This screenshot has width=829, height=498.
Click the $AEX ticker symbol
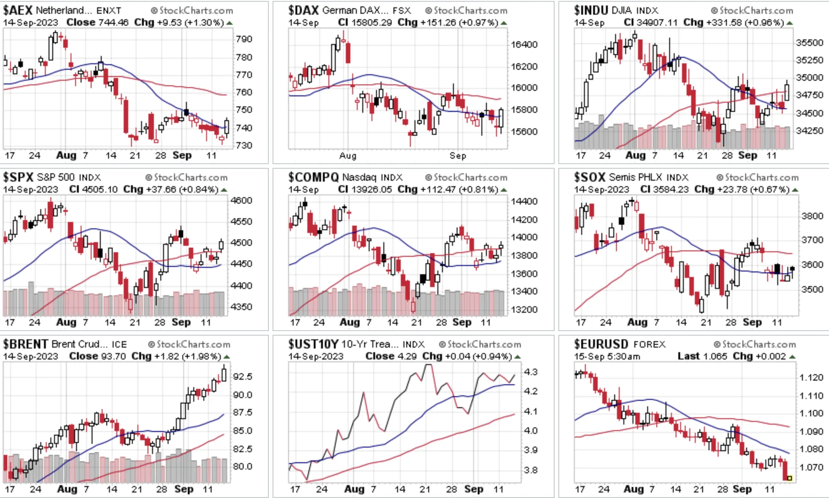(18, 10)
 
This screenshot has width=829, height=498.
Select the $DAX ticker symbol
(303, 10)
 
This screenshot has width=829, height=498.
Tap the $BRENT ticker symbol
(26, 344)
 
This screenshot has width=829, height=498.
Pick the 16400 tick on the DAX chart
(524, 44)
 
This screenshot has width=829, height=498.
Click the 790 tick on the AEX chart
(244, 39)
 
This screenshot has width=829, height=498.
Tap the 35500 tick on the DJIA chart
(810, 43)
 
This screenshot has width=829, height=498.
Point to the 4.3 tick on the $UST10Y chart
(531, 372)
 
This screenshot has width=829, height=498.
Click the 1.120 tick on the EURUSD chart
(811, 377)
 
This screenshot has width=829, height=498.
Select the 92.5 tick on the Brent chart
(242, 376)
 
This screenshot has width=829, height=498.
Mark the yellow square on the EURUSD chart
(790, 478)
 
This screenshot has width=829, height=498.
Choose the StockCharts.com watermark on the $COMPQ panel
(466, 177)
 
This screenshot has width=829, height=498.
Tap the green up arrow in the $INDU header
(790, 23)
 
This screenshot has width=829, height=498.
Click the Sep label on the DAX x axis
(458, 156)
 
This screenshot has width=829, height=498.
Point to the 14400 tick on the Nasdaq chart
(524, 201)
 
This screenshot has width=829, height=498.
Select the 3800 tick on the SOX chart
(812, 216)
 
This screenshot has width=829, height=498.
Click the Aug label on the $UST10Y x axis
(354, 489)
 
